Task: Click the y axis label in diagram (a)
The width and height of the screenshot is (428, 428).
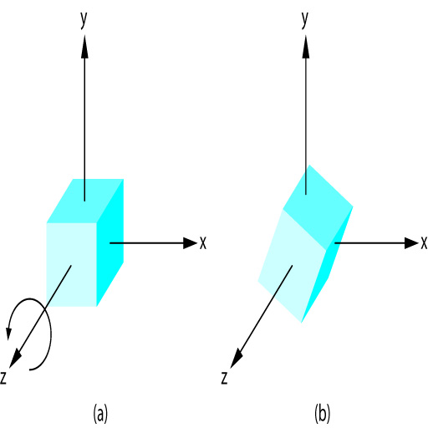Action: (84, 20)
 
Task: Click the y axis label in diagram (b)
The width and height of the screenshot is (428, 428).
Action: (305, 20)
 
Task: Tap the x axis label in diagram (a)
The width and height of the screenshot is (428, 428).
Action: (203, 243)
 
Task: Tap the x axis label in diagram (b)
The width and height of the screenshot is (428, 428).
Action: (424, 243)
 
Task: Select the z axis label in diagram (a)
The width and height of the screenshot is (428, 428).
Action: (3, 378)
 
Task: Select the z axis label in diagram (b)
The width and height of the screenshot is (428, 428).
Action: (224, 378)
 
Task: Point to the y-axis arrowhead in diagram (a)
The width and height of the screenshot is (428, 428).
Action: (84, 47)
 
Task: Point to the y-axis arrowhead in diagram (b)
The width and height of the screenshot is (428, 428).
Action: (306, 47)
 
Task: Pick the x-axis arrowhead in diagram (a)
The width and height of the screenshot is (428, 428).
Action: (190, 243)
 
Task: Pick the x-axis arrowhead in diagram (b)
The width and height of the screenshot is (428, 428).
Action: (411, 243)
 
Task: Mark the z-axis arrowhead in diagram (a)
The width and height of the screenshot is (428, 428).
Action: (16, 359)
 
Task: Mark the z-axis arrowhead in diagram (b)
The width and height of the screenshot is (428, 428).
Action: (237, 359)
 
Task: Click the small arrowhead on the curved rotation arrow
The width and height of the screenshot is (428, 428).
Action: (9, 333)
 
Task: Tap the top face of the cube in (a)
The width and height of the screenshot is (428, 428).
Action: (85, 201)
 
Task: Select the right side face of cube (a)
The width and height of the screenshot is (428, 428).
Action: (110, 242)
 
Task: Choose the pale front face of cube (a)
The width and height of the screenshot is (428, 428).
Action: (72, 265)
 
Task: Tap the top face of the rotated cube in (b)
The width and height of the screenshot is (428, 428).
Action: (318, 207)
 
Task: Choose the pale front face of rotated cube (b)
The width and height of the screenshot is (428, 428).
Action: (292, 266)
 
